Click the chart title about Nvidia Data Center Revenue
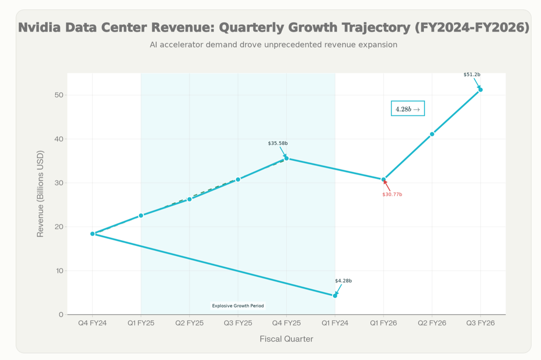[x=274, y=28]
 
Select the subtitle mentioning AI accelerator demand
[x=274, y=45]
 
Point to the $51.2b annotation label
[x=472, y=75]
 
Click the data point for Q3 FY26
[x=481, y=90]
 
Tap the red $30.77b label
[x=392, y=194]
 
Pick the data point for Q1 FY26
[x=383, y=180]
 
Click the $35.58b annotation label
[x=278, y=143]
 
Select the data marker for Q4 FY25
[x=286, y=158]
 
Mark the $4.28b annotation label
[x=343, y=281]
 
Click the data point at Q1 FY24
[x=335, y=296]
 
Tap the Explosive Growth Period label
[x=238, y=306]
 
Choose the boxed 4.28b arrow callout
[x=408, y=109]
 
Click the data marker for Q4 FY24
[x=92, y=234]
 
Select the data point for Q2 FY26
[x=432, y=134]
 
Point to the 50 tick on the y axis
[x=58, y=95]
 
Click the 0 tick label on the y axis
[x=61, y=315]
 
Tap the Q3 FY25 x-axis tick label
[x=238, y=323]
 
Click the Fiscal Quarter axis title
[x=286, y=339]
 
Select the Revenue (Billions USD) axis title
[x=40, y=194]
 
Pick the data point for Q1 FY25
[x=141, y=216]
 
